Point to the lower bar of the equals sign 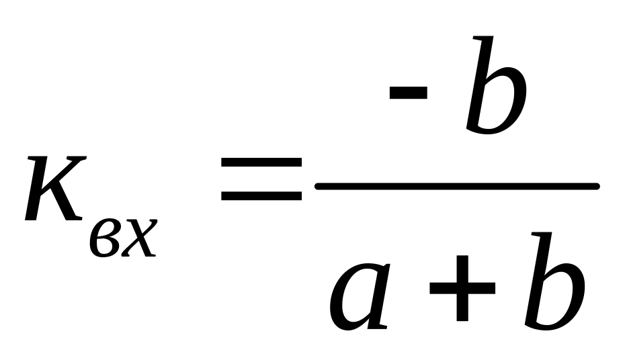tap(261, 196)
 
